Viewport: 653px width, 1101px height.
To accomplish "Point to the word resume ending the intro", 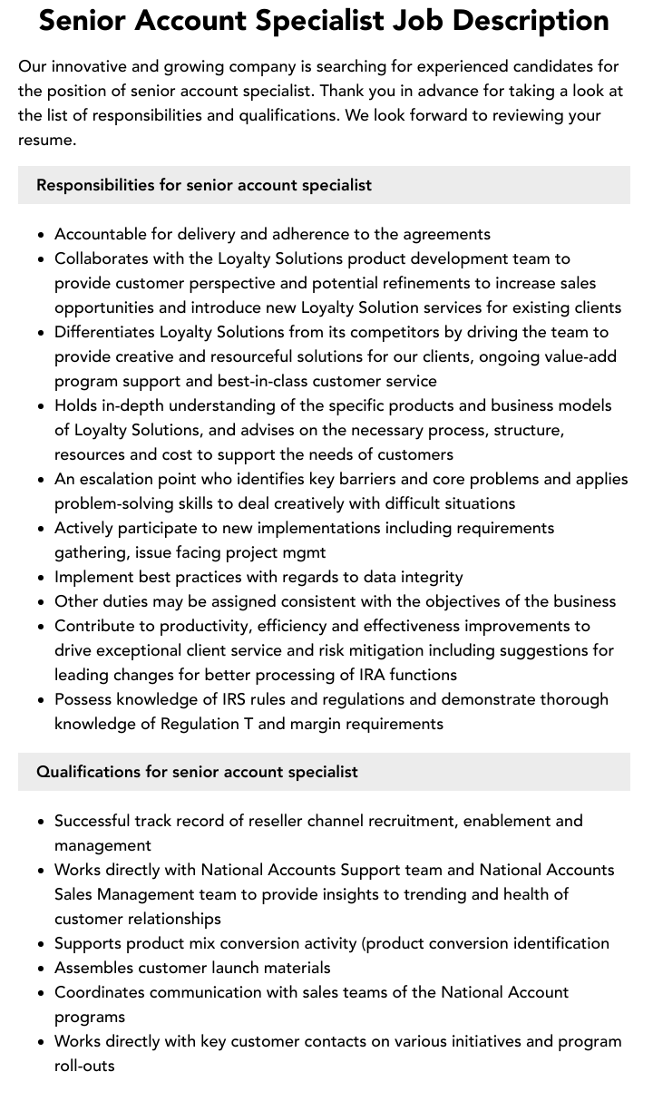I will (45, 140).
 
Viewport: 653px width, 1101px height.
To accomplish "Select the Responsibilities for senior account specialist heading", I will (204, 185).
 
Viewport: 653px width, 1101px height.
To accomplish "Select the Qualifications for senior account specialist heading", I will (197, 772).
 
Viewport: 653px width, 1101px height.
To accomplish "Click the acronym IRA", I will (372, 675).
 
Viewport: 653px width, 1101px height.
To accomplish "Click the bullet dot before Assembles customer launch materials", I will (41, 969).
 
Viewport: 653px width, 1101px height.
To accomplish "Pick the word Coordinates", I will (100, 992).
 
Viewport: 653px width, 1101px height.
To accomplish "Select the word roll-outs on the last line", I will (84, 1066).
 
